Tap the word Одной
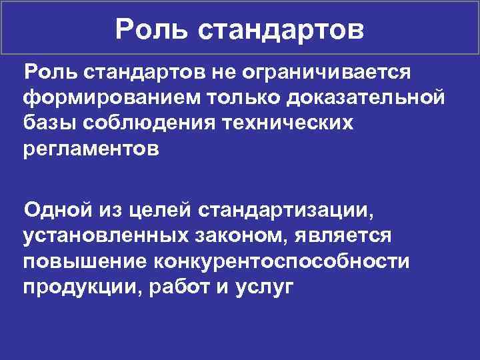[x=55, y=211]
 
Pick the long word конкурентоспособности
[x=280, y=263]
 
